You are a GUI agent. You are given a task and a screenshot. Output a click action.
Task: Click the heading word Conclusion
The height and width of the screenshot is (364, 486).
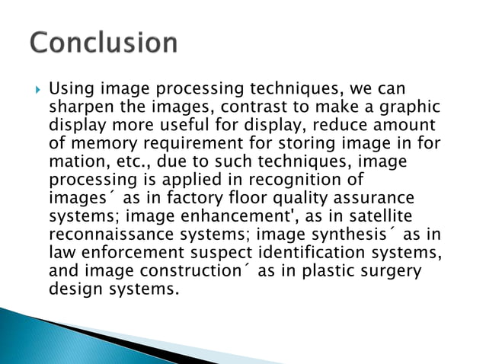104,43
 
